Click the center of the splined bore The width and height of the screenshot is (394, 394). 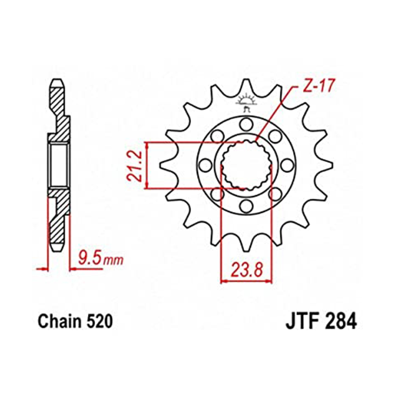click(246, 165)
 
